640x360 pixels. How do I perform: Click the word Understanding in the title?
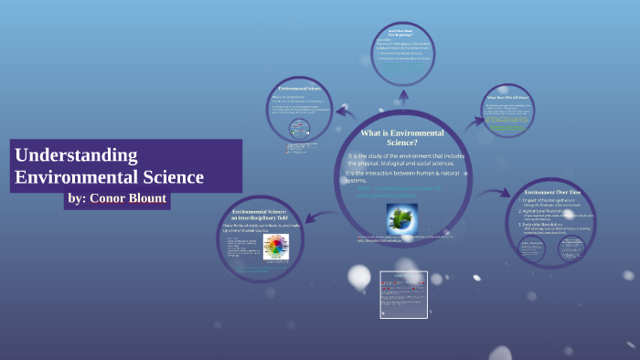click(x=76, y=154)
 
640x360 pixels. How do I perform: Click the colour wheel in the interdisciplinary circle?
click(x=275, y=247)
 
